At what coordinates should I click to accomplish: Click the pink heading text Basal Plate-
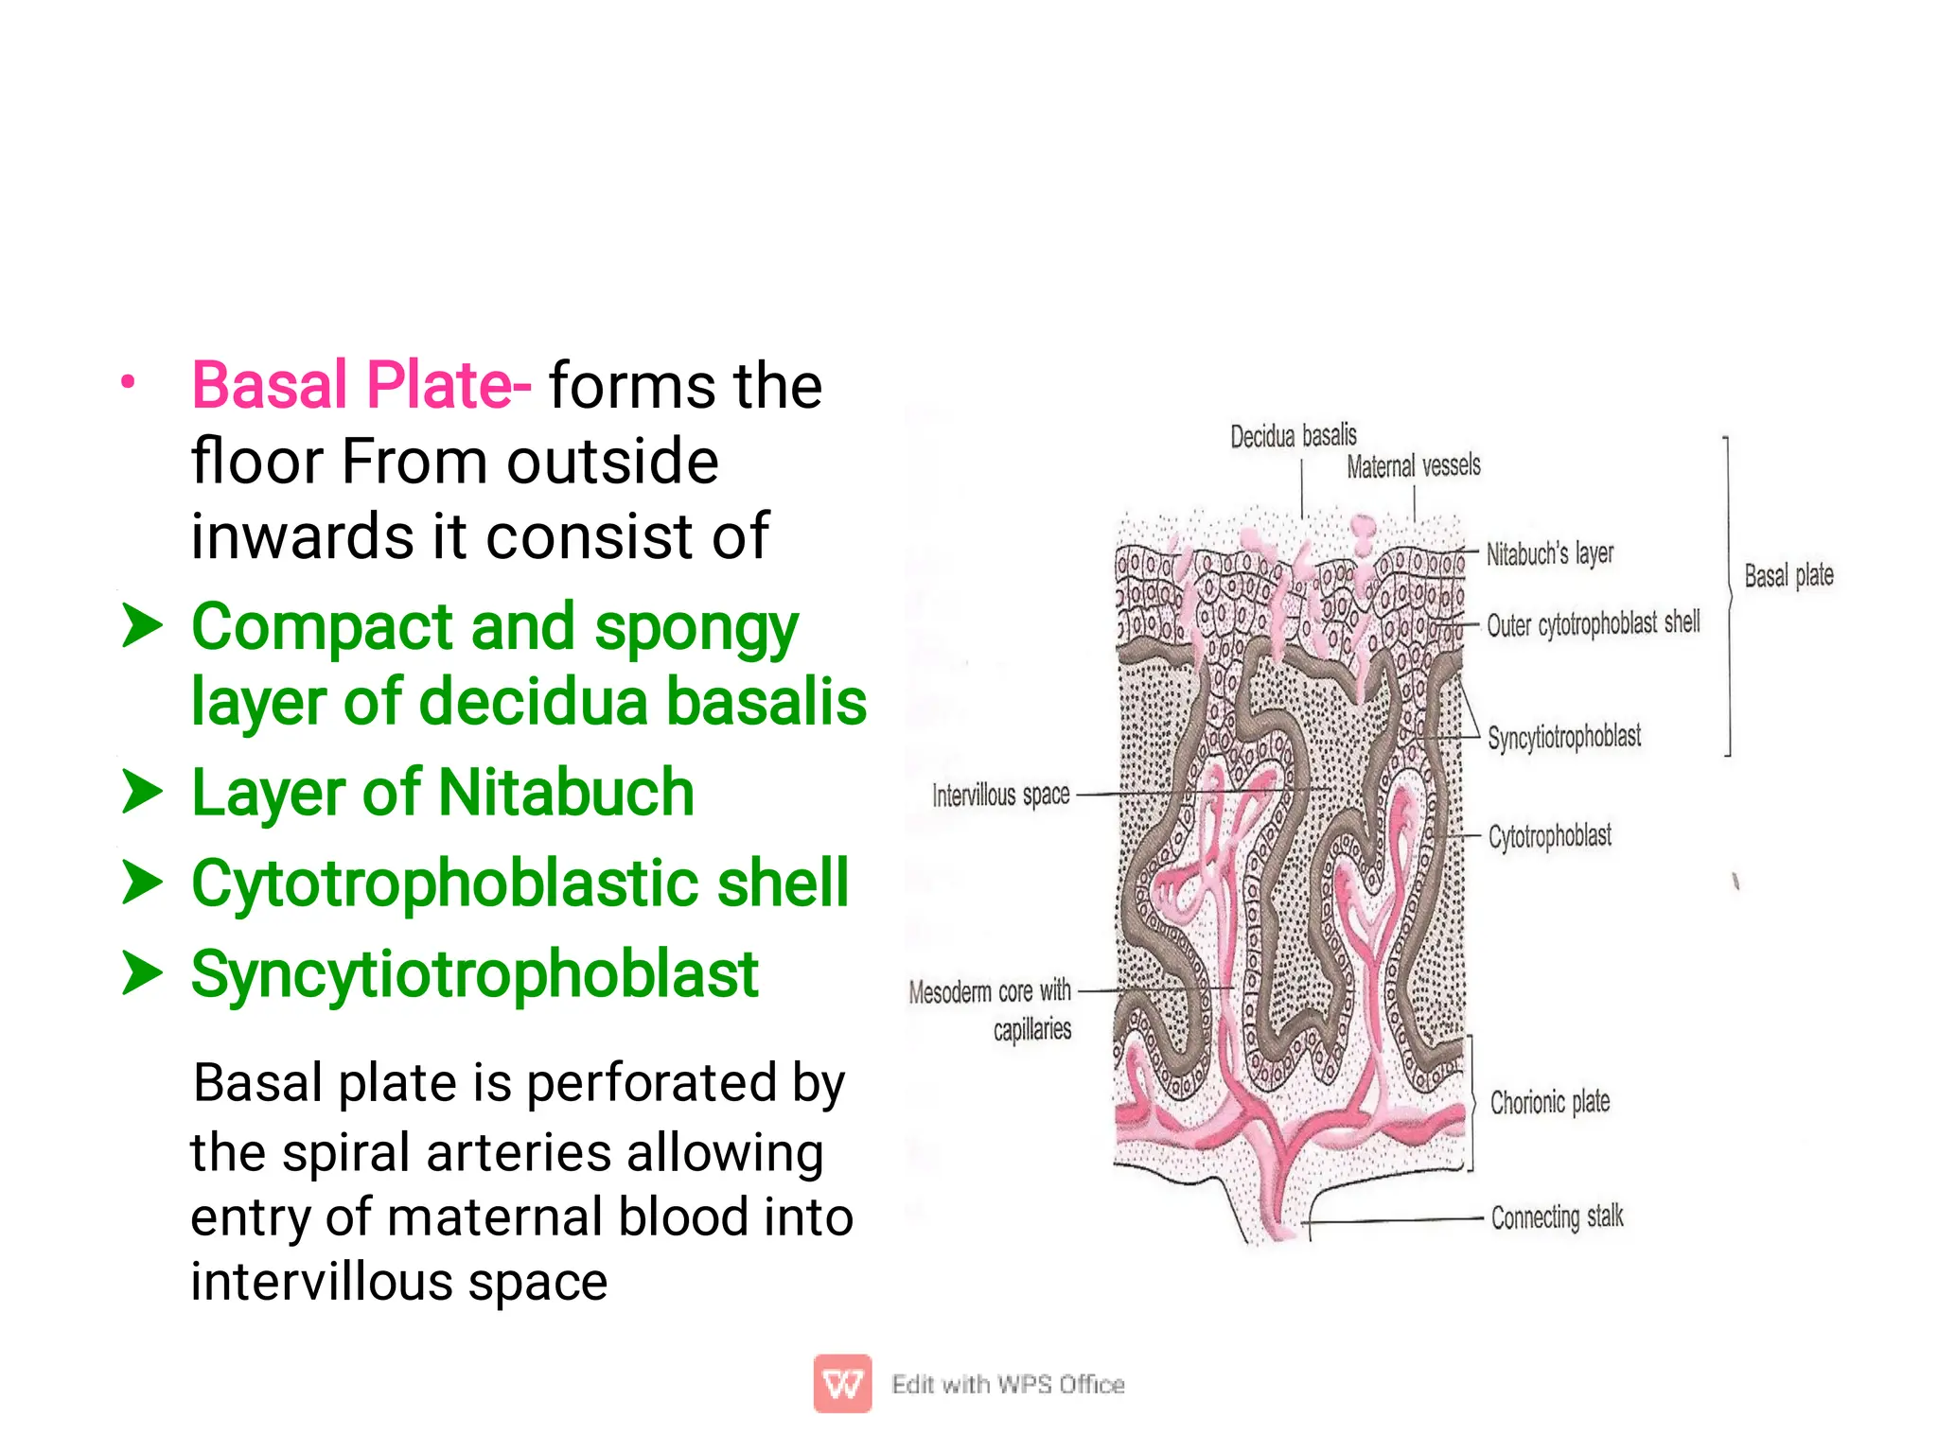click(361, 386)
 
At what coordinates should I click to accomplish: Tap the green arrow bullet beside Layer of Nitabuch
click(142, 792)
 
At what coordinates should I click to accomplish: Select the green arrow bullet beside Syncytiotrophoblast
click(142, 973)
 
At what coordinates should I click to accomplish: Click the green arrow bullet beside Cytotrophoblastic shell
click(142, 883)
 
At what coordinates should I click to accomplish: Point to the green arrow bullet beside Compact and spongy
click(142, 626)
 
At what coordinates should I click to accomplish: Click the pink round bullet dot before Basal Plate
click(128, 383)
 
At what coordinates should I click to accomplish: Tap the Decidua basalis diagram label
click(1293, 436)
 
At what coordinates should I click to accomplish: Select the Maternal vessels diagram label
click(1413, 465)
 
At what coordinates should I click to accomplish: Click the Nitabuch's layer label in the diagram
click(1549, 553)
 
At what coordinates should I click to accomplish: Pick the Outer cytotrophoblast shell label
click(1593, 624)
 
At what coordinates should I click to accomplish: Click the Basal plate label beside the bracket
click(1788, 575)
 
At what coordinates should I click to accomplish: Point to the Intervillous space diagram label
click(1000, 796)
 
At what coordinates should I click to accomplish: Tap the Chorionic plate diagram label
click(1549, 1102)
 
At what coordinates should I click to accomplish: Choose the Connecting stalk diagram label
click(1557, 1217)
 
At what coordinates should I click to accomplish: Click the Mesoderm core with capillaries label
click(990, 1009)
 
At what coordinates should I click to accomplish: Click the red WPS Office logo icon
click(842, 1384)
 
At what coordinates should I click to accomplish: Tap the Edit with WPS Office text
click(1008, 1385)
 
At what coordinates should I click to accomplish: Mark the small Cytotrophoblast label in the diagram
click(1549, 836)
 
